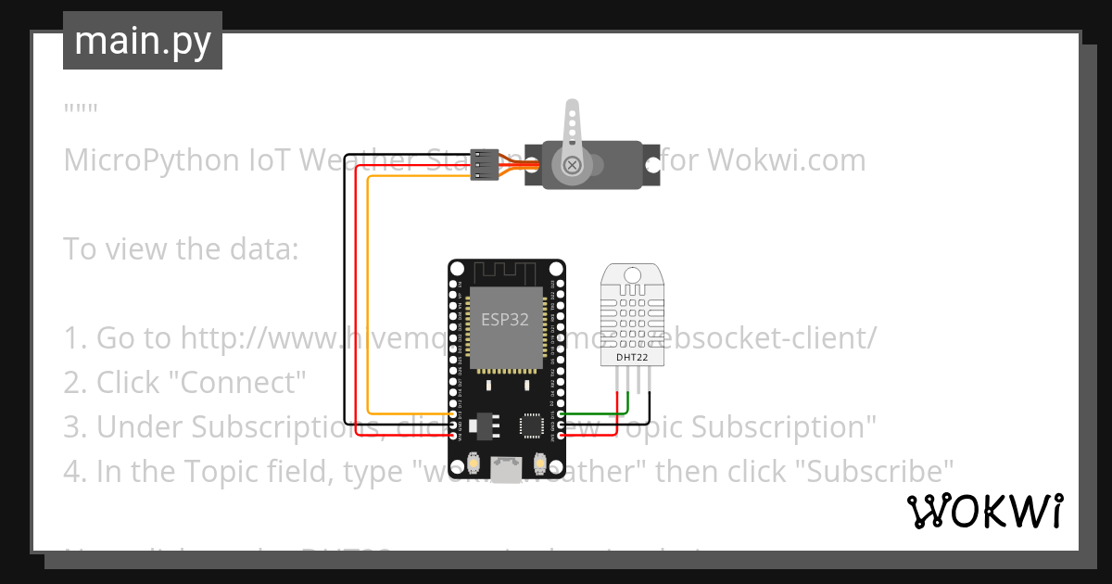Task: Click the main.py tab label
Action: click(x=142, y=41)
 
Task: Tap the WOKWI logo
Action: click(x=984, y=512)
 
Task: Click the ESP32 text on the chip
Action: click(x=506, y=320)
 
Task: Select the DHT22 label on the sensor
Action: click(x=634, y=356)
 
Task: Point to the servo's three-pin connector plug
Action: click(x=484, y=163)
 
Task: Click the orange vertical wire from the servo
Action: click(x=368, y=297)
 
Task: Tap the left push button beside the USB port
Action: click(x=474, y=463)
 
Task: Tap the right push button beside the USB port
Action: click(x=538, y=463)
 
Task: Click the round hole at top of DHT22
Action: click(x=634, y=274)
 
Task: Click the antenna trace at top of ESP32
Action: click(x=506, y=273)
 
